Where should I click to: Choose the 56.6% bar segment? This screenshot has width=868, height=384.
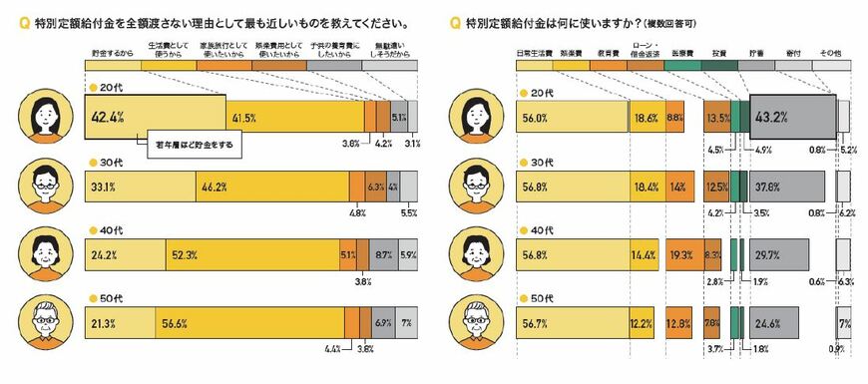click(248, 324)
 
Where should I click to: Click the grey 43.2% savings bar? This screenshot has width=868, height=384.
click(792, 117)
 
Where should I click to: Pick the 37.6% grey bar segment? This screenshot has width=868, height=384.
click(786, 186)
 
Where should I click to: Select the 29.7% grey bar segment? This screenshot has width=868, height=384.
click(779, 254)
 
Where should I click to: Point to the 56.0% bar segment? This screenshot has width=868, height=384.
click(572, 117)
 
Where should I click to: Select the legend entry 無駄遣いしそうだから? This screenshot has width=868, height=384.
click(389, 50)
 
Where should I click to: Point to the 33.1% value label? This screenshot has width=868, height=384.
click(104, 186)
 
